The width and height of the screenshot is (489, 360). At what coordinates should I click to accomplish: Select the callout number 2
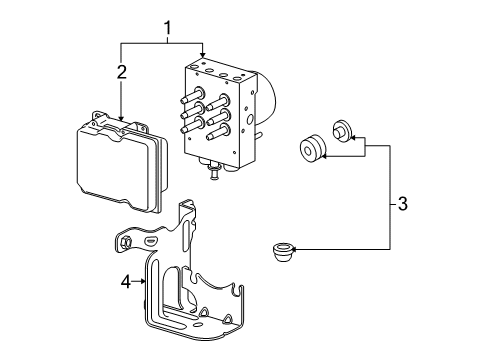[121, 72]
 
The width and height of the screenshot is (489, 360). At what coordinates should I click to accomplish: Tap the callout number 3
[401, 205]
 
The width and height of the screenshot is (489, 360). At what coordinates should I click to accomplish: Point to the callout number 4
[127, 283]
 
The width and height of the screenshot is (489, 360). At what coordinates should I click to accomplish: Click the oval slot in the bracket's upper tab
[149, 241]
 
